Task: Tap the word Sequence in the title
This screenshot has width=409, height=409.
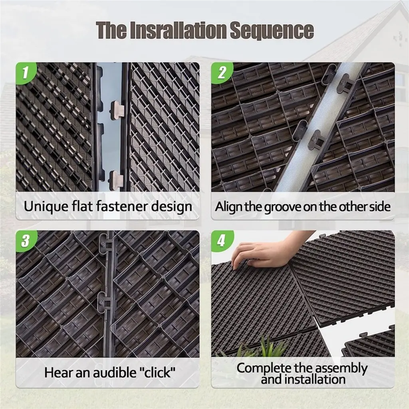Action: point(272,30)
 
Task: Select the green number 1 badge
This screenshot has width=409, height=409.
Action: point(26,72)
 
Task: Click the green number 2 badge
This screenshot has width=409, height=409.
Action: point(222,72)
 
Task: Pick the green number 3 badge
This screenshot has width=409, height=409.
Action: point(26,240)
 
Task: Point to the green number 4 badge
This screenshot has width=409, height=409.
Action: point(222,240)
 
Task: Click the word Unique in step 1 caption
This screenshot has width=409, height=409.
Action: point(46,206)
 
